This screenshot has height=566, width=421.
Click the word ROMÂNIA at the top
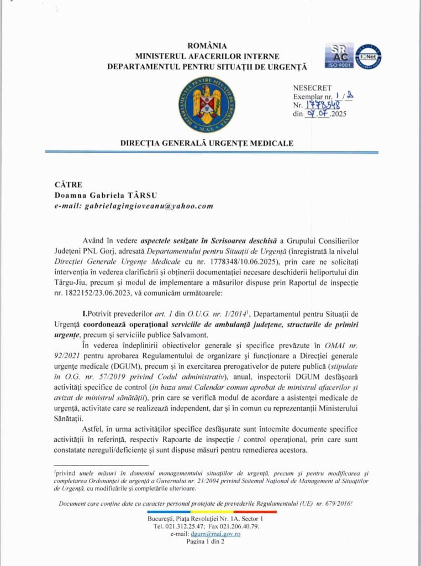pos(207,45)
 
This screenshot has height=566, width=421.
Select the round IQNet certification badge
pos(369,56)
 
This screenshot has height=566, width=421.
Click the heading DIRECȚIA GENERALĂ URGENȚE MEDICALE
pos(207,143)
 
